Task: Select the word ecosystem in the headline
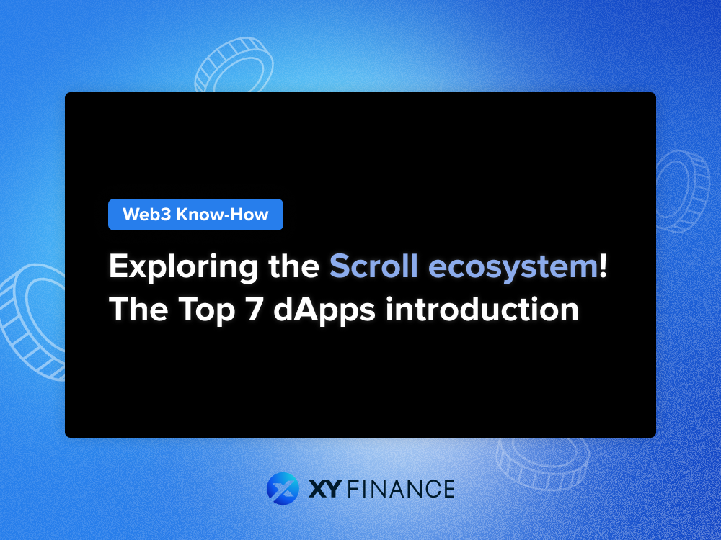[x=513, y=268]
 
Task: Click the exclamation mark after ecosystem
[x=603, y=266]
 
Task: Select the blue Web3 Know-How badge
[x=195, y=215]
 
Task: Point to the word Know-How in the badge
[x=223, y=215]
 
